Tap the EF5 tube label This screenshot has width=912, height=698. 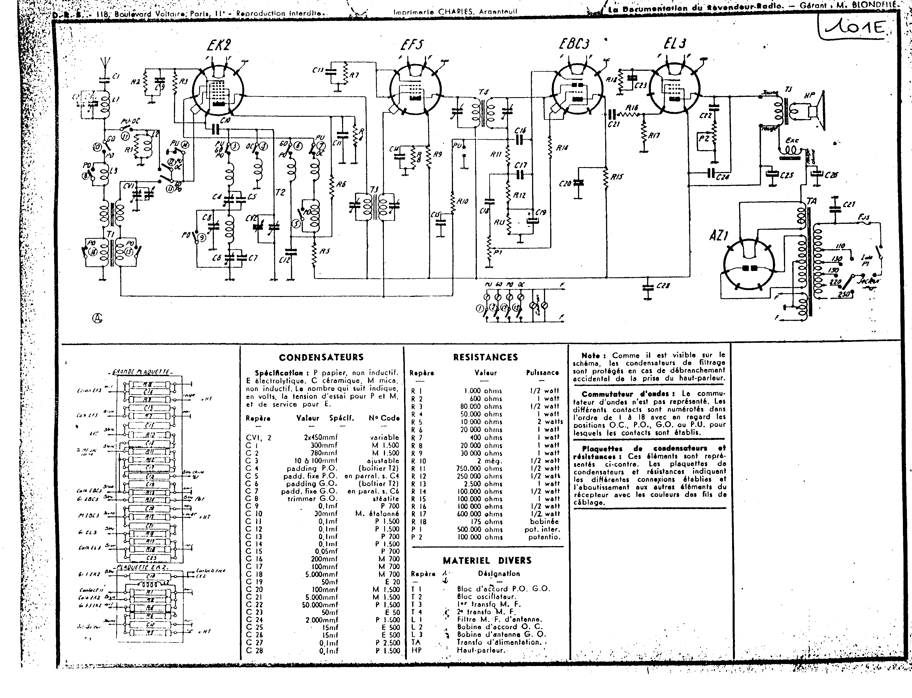(411, 44)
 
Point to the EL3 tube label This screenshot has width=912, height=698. (675, 44)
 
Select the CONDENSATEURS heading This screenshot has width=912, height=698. (321, 357)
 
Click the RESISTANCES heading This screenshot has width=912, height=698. (485, 357)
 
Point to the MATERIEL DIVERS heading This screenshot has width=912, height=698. (487, 561)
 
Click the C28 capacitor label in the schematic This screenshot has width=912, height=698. (663, 286)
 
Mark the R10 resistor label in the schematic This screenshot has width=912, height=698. (462, 201)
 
